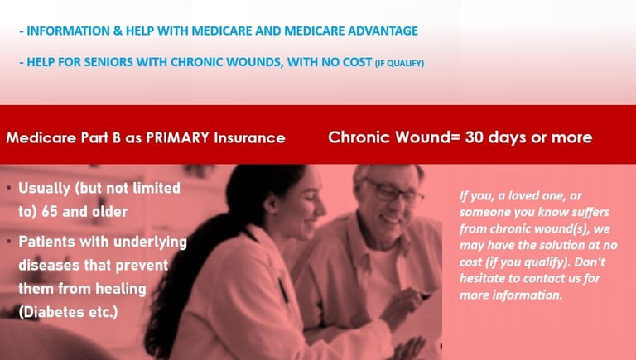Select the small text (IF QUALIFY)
399,63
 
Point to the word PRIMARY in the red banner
177,138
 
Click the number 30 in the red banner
474,137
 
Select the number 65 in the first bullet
50,212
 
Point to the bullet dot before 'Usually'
9,188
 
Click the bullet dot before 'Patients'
9,242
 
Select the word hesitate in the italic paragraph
483,279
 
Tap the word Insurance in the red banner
249,138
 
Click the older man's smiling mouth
392,220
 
